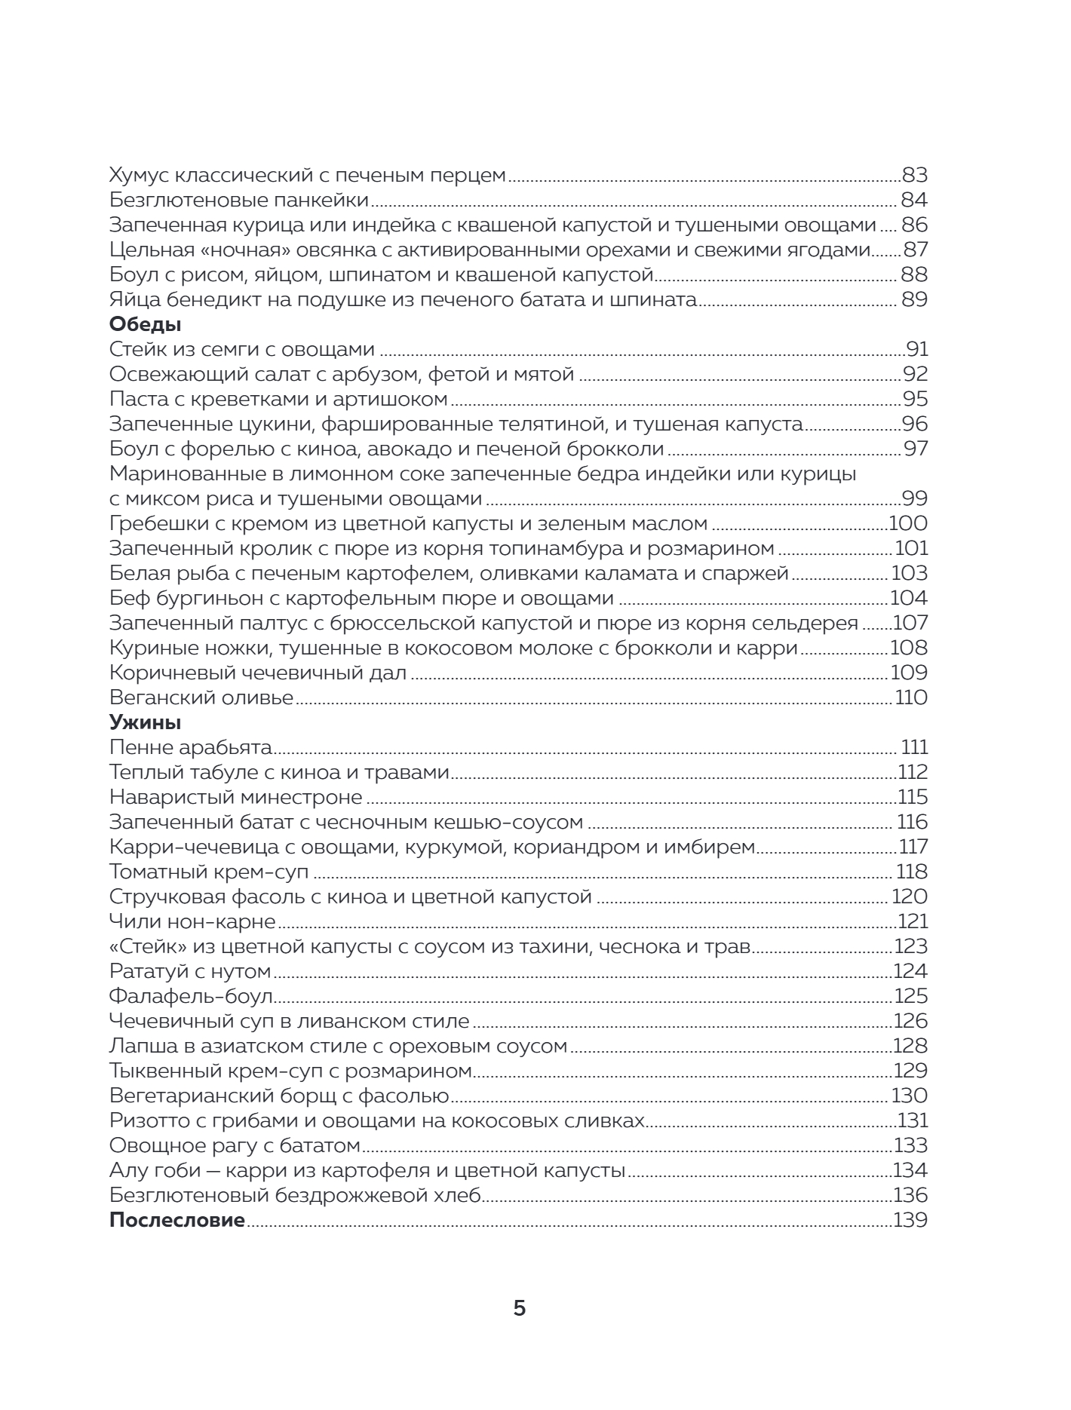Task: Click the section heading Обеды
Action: coord(145,325)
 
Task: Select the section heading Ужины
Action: coord(145,723)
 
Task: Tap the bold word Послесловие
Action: coord(177,1221)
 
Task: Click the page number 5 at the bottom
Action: coord(520,1308)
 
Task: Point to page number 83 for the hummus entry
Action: coord(914,176)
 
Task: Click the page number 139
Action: coord(910,1221)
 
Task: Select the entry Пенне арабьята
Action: coord(191,748)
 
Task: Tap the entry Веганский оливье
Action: coord(201,698)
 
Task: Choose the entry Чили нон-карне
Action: coord(192,922)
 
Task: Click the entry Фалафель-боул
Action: coord(191,997)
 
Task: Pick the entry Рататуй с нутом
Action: coord(190,972)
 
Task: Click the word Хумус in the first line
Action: coord(140,176)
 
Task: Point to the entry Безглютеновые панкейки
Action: coord(239,201)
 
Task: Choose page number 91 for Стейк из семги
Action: coord(916,350)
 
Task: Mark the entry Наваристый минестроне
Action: coord(236,798)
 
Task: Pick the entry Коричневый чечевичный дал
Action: coord(258,673)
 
